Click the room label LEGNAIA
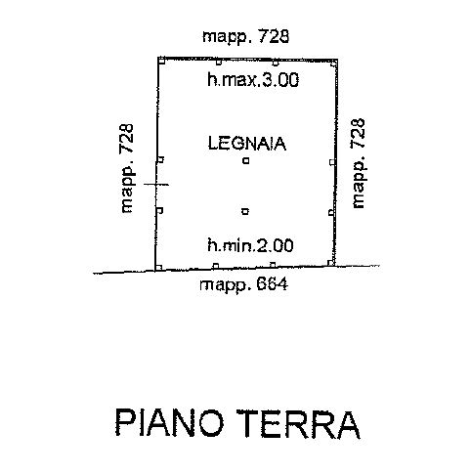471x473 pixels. pos(247,144)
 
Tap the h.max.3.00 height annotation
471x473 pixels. pos(253,80)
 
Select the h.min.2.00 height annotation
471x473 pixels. pos(250,245)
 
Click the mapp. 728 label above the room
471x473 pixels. pos(245,36)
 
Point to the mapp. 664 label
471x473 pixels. pos(244,284)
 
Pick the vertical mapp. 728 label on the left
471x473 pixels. pos(127,168)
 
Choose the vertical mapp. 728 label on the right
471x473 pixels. pos(358,163)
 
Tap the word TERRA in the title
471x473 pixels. pos(298,424)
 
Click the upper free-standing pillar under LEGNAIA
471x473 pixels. pos(246,160)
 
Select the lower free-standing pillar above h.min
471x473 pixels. pos(245,211)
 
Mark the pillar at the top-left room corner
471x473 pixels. pos(161,61)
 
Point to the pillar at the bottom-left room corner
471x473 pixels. pos(158,268)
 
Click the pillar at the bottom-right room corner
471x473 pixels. pos(331,263)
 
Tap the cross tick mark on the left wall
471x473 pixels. pos(156,185)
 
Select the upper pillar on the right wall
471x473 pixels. pos(332,162)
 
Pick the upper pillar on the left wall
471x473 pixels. pos(160,159)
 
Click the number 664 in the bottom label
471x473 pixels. pos(273,284)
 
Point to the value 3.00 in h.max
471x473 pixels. pos(280,80)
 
